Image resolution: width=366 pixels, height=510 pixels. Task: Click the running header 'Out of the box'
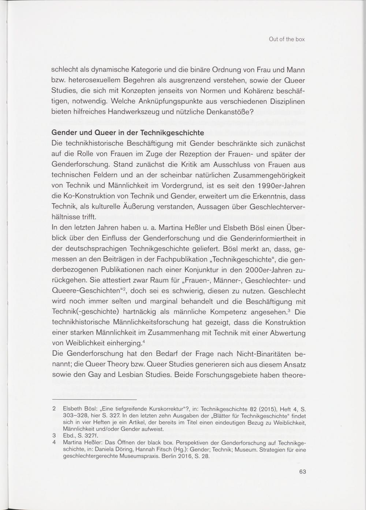coord(286,39)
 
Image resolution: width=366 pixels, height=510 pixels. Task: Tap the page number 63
coord(302,472)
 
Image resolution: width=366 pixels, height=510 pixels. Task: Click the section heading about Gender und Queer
coord(128,132)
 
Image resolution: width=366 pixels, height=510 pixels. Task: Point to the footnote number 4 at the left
coord(54,443)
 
